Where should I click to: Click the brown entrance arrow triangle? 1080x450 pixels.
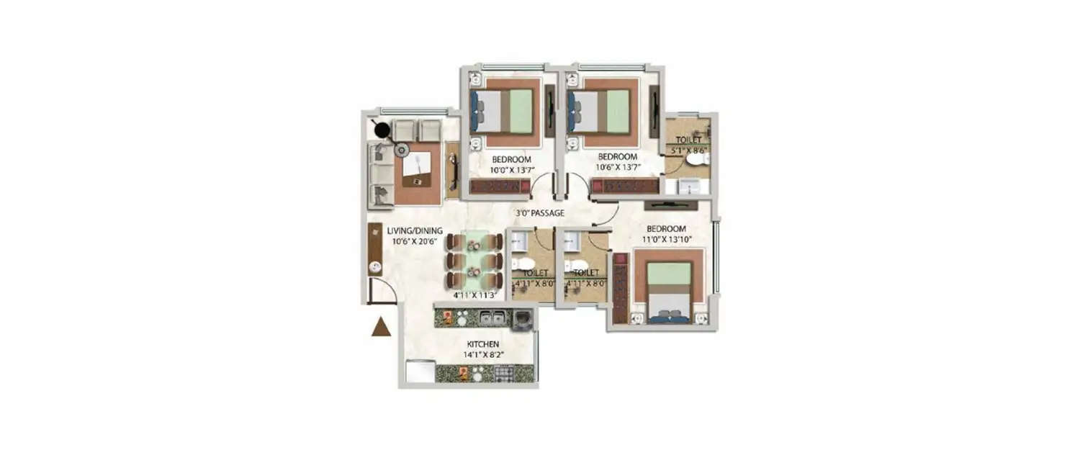tap(381, 327)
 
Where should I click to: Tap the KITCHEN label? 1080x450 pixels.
tap(483, 344)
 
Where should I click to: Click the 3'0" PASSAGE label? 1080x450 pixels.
tap(540, 213)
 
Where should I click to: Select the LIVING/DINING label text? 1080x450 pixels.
tap(415, 230)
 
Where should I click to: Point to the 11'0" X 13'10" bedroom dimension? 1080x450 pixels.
tap(665, 240)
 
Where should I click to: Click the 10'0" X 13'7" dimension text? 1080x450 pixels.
tap(512, 170)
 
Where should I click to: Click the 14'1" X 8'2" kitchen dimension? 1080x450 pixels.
tap(483, 355)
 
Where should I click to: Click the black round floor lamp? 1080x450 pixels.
tap(382, 131)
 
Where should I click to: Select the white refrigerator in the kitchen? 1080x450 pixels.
tap(418, 371)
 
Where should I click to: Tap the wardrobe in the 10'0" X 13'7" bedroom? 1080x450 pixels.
tap(500, 186)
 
